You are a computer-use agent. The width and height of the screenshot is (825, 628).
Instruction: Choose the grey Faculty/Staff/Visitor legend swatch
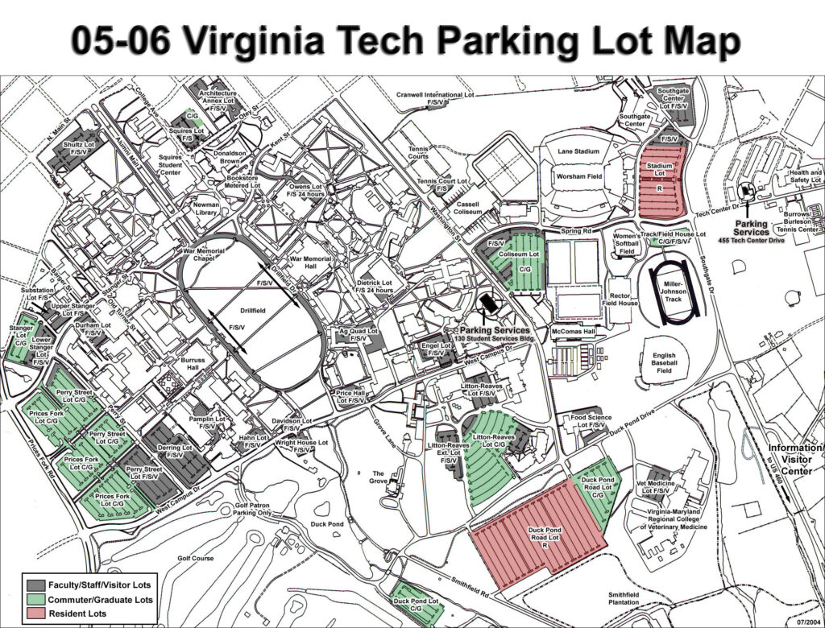(35, 585)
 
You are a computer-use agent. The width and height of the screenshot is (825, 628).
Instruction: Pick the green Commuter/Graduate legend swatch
(35, 599)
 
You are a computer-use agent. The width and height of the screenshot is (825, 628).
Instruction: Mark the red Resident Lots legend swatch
(35, 614)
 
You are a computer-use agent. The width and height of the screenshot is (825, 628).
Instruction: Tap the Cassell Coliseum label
(467, 209)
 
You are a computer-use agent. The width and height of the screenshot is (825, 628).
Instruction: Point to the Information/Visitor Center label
(796, 459)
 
